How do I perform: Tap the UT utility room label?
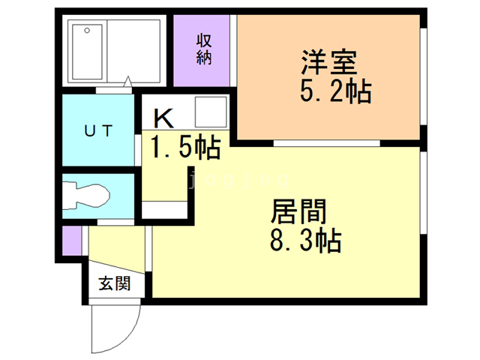(x=98, y=131)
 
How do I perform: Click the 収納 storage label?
(x=205, y=49)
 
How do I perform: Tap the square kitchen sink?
(x=209, y=113)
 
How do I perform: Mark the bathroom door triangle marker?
(x=130, y=81)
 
